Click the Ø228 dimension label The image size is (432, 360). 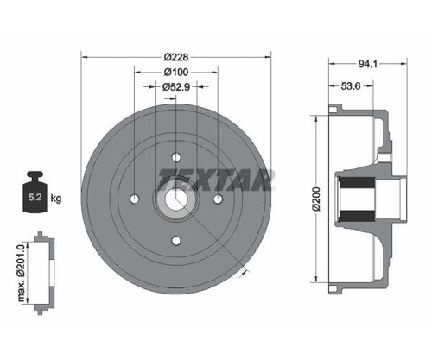click(176, 57)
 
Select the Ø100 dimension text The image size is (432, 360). click(176, 72)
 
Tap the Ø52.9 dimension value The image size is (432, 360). click(176, 86)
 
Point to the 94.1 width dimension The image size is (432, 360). click(368, 64)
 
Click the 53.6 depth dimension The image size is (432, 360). click(351, 85)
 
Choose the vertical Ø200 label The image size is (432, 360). click(316, 199)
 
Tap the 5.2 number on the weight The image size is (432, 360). click(35, 198)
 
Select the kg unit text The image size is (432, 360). click(56, 198)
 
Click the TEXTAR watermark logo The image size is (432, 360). click(216, 180)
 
